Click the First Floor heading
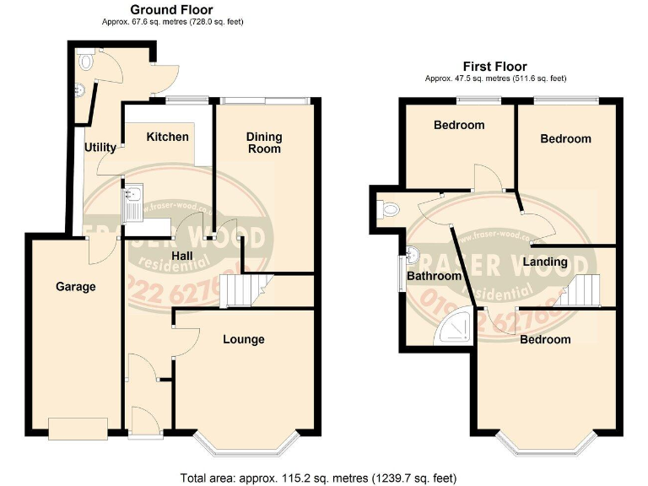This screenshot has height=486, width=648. tap(494, 66)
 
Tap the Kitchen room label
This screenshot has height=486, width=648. tap(168, 137)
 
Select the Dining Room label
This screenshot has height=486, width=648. tap(264, 143)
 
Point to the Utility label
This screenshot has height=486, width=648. tap(100, 148)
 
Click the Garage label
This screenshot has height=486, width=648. tap(76, 287)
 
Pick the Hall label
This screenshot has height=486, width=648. tap(184, 256)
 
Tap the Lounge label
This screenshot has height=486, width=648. tap(244, 339)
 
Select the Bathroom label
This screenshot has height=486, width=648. tap(435, 276)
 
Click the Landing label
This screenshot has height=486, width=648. tap(544, 262)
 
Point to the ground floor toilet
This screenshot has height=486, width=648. tap(84, 61)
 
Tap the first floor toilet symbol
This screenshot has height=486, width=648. tap(387, 208)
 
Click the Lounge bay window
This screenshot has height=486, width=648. tap(244, 442)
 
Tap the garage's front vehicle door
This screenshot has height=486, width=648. tap(78, 429)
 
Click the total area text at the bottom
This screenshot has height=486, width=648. tap(318, 478)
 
